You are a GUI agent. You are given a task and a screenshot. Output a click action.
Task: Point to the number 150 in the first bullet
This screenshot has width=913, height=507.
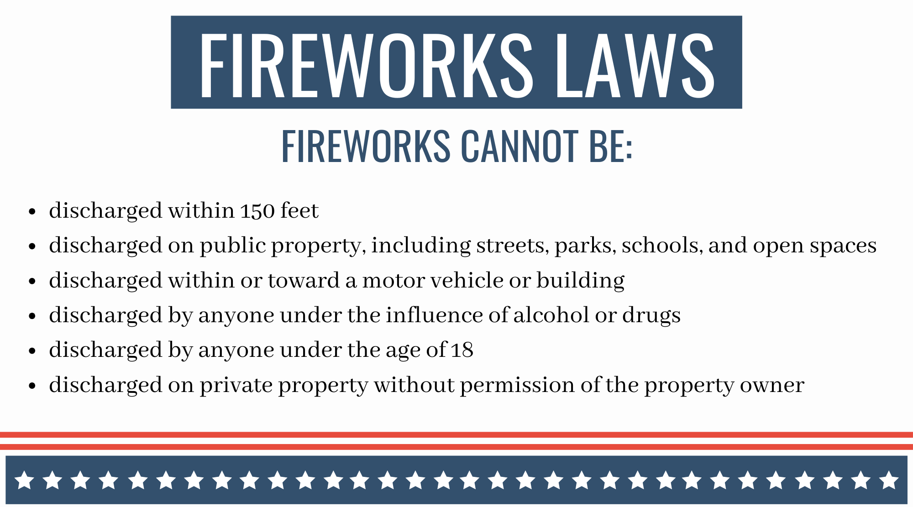pos(257,211)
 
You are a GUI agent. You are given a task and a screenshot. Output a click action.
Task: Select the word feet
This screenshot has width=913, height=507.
pos(299,210)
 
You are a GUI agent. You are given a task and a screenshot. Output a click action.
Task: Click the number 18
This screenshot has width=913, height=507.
pos(462,350)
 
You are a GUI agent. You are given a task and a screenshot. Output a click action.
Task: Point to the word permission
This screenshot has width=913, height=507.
pos(517,386)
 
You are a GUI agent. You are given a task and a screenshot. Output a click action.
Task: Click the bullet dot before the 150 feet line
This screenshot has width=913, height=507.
pos(32,212)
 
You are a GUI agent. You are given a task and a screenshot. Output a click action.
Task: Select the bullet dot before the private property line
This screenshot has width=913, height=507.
pos(32,386)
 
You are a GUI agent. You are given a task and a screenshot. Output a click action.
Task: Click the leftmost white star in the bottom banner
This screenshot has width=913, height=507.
pos(25,480)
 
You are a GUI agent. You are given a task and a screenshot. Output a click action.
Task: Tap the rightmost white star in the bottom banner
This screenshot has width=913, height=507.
pos(889,480)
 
